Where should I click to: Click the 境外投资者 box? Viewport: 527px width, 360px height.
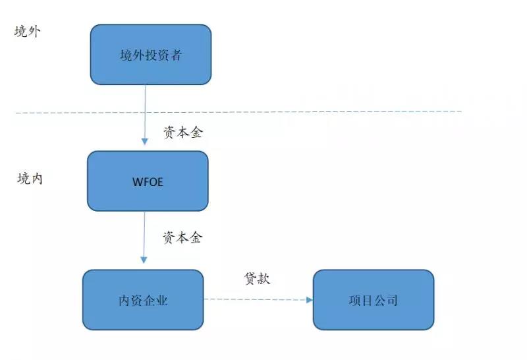tap(151, 55)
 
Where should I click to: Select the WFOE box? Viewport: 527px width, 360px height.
tap(148, 181)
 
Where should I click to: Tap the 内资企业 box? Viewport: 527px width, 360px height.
tap(143, 300)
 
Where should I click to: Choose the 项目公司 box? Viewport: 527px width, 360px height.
tap(374, 300)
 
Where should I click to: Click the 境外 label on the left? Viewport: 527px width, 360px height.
tap(28, 31)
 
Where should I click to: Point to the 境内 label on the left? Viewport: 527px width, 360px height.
tap(30, 178)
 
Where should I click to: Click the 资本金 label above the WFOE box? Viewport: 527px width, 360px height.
tap(183, 133)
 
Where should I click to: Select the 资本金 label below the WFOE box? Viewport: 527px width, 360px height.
tap(182, 237)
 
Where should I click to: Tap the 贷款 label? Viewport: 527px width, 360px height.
tap(257, 278)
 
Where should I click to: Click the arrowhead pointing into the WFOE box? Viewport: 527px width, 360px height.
tap(145, 141)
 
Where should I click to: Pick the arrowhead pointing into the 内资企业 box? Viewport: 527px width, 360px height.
tap(144, 260)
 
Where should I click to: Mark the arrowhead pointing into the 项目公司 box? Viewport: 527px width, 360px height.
tap(310, 300)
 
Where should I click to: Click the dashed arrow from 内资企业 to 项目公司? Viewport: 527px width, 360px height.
tap(258, 299)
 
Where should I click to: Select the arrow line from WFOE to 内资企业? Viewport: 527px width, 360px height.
tap(144, 237)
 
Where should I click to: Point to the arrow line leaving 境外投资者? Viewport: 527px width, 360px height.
tap(145, 115)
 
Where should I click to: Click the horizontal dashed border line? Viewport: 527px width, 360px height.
tap(238, 112)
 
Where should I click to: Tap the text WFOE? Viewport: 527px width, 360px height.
tap(148, 182)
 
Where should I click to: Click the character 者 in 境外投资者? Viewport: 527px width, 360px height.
tap(177, 55)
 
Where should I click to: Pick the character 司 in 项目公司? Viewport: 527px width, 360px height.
tap(392, 300)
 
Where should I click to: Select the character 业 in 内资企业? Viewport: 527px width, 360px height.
tap(161, 300)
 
